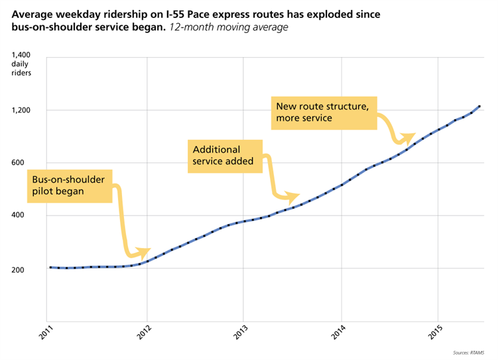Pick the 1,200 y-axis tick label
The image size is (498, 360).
[x=22, y=110]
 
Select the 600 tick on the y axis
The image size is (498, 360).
[x=25, y=163]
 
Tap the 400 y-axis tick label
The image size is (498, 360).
[x=25, y=216]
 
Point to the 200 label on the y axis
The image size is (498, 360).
[x=25, y=270]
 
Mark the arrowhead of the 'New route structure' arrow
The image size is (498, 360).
[x=410, y=135]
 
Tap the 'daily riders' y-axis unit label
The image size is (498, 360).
[x=21, y=68]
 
